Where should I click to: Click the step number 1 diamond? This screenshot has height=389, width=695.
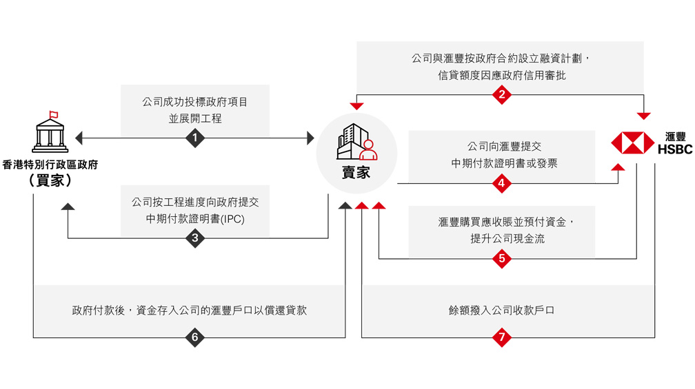195,138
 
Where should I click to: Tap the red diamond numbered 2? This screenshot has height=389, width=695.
501,95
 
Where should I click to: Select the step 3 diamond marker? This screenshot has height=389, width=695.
195,238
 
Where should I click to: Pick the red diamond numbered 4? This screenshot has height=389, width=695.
501,183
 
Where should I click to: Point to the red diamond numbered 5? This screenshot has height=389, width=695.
501,259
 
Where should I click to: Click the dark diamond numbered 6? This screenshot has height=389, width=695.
195,337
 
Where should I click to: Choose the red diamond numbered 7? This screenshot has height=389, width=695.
501,337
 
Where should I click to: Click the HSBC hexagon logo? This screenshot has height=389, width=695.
632,143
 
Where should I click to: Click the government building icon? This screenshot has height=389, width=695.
50,133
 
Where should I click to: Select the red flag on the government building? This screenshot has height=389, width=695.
53,114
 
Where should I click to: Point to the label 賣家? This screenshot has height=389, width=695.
356,172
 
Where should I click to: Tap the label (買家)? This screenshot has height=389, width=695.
50,180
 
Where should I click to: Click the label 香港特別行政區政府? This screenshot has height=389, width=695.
50,165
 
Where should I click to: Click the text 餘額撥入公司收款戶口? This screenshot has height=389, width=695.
501,311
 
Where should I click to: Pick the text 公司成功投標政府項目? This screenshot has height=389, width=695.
195,102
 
